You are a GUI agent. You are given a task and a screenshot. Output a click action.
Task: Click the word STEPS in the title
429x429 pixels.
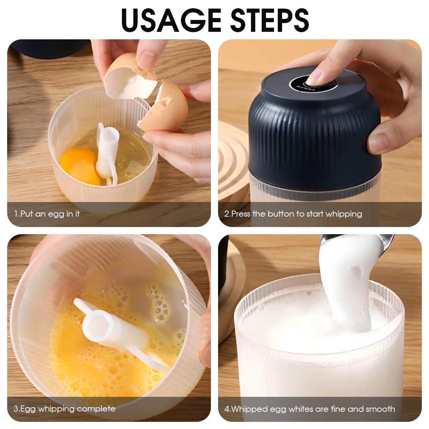click(x=270, y=20)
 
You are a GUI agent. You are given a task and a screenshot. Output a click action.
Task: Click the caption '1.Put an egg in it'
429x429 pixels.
click(x=47, y=214)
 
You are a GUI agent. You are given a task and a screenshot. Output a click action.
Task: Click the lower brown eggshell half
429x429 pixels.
click(x=165, y=107)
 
